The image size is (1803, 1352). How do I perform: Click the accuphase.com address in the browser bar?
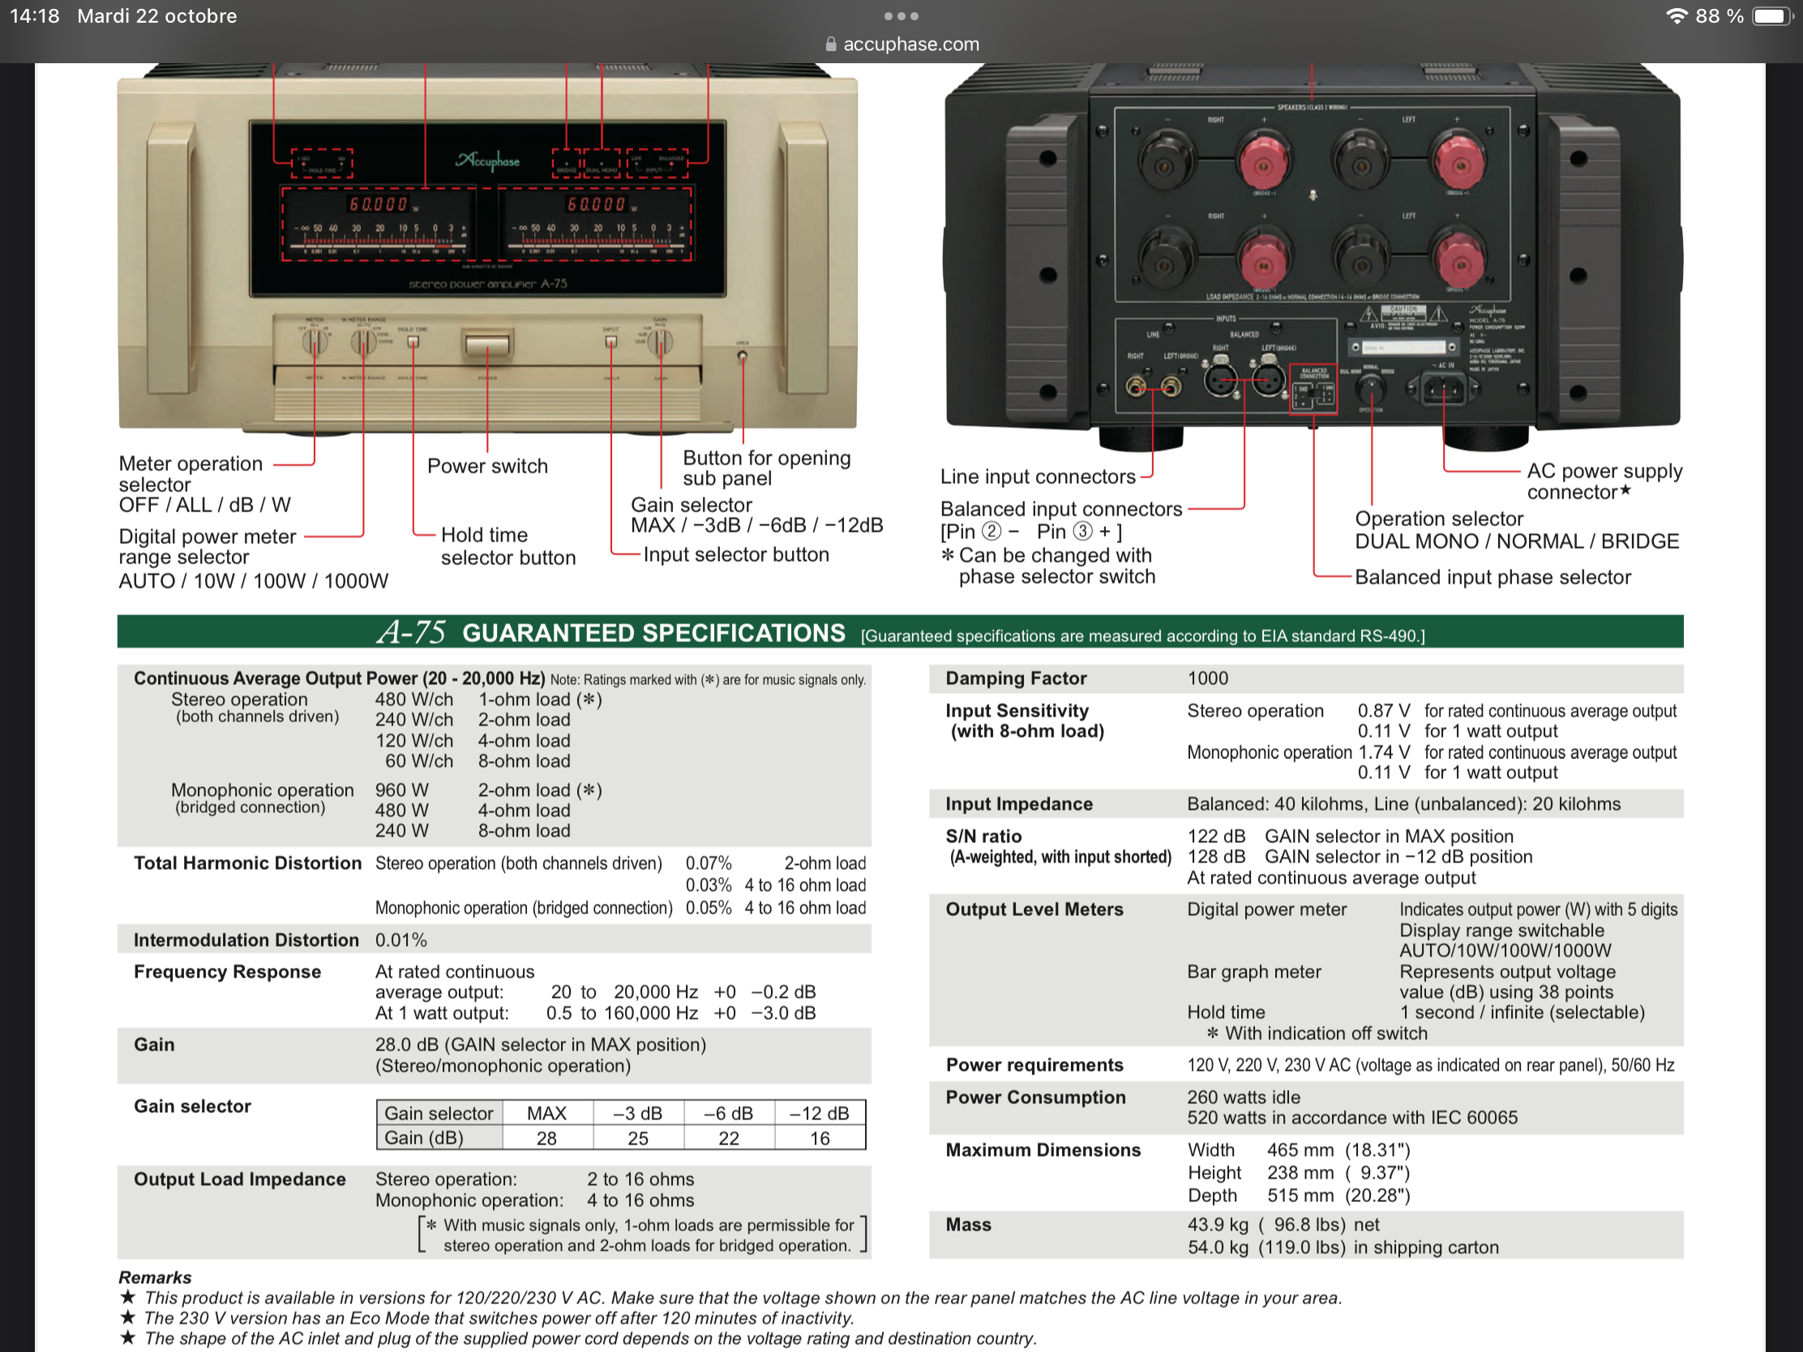910,44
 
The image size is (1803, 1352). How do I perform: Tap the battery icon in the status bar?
1772,16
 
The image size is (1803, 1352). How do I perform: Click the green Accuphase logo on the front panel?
487,160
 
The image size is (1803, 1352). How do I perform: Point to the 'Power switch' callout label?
487,466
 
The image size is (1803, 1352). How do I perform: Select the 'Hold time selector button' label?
507,546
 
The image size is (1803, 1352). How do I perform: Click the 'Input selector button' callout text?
736,555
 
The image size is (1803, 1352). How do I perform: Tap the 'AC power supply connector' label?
1604,481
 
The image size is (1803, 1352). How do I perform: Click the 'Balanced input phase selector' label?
1493,577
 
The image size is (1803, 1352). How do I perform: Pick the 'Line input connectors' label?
1038,477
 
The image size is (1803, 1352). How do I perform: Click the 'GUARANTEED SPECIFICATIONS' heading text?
653,633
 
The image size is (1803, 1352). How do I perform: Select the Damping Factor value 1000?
1207,678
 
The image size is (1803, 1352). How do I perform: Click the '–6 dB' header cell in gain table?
728,1113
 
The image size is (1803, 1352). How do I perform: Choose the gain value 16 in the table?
819,1139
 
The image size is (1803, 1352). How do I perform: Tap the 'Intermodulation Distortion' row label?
246,939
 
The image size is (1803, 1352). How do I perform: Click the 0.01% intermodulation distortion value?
401,939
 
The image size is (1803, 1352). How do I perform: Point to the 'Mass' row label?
968,1225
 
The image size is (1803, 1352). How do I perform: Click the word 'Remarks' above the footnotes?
155,1277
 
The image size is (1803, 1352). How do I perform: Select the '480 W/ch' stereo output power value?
414,700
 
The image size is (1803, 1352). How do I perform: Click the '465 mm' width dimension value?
1300,1150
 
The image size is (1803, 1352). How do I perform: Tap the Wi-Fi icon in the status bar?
1677,16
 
